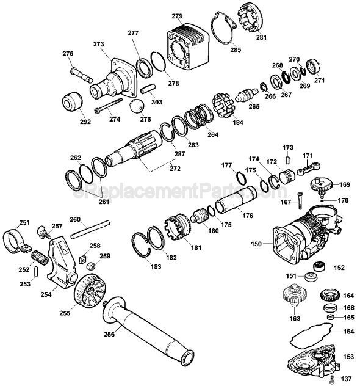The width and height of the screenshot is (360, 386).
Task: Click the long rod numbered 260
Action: coord(90,230)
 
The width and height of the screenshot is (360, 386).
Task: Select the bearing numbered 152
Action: coord(319,267)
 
